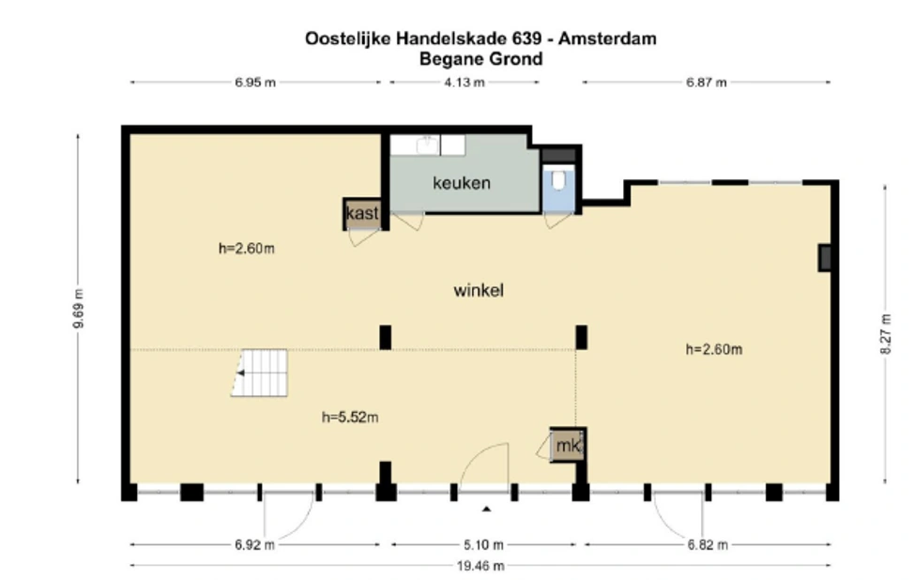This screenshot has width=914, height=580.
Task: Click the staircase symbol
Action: tap(259, 373)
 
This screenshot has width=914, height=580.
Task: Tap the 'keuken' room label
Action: tap(461, 183)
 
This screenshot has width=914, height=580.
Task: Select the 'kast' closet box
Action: tap(362, 214)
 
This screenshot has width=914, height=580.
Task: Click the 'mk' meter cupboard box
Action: tap(568, 447)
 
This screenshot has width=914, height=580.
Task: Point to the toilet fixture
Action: tap(559, 179)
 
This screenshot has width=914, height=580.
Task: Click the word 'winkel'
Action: tap(479, 291)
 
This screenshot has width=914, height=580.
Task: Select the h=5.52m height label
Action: tap(349, 417)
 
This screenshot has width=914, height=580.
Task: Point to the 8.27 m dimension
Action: tap(885, 335)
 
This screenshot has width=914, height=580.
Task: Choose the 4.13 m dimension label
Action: tap(465, 83)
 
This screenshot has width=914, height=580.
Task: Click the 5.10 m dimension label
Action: tap(484, 544)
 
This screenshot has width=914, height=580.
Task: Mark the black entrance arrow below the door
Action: tap(486, 510)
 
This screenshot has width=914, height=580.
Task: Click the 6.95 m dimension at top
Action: tap(255, 83)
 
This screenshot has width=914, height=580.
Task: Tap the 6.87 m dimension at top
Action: tap(706, 83)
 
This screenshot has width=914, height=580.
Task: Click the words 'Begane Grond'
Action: tap(481, 59)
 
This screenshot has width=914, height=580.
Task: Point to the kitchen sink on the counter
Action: tap(427, 144)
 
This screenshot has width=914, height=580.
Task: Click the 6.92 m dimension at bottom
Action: tap(256, 544)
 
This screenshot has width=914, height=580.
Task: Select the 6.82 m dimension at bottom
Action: tap(706, 544)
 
